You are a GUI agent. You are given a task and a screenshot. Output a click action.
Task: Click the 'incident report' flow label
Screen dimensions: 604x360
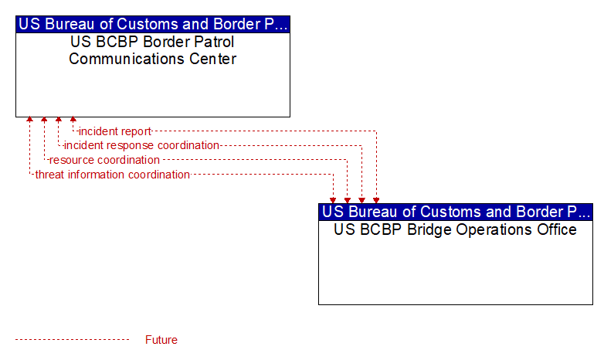pyautogui.click(x=115, y=131)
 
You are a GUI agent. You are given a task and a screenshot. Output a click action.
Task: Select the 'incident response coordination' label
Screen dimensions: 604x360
pyautogui.click(x=141, y=145)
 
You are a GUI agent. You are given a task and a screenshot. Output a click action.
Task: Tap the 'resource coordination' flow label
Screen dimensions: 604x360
pyautogui.click(x=104, y=160)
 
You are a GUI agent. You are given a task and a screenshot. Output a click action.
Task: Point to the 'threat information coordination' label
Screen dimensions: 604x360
pyautogui.click(x=113, y=175)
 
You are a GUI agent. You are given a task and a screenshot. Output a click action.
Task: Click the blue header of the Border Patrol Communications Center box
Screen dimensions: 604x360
pyautogui.click(x=153, y=24)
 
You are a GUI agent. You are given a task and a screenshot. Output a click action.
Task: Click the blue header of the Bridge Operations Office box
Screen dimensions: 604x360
pyautogui.click(x=456, y=212)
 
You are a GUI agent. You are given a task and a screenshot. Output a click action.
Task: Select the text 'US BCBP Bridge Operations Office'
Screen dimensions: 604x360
pyautogui.click(x=455, y=229)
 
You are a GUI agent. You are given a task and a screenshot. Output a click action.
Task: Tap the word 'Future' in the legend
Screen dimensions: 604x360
pyautogui.click(x=161, y=340)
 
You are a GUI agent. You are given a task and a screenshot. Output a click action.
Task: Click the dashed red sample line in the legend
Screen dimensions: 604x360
pyautogui.click(x=72, y=340)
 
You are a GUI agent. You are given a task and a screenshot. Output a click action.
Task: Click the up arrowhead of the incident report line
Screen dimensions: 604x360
pyautogui.click(x=73, y=120)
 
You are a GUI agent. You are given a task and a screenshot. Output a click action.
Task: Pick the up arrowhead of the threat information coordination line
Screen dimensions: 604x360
pyautogui.click(x=29, y=120)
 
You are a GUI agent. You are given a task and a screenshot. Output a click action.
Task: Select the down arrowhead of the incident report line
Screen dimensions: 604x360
pyautogui.click(x=376, y=200)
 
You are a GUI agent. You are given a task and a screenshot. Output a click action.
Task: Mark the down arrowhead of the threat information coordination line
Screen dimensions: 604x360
pyautogui.click(x=333, y=200)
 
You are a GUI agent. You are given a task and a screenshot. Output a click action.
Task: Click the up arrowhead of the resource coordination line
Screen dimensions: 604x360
pyautogui.click(x=44, y=120)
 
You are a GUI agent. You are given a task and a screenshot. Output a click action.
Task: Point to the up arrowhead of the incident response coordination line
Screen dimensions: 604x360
pyautogui.click(x=59, y=120)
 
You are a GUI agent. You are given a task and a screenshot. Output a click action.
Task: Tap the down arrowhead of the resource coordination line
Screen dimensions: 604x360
pyautogui.click(x=348, y=200)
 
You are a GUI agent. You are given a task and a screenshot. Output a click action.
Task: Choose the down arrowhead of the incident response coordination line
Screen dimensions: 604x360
pyautogui.click(x=361, y=200)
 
